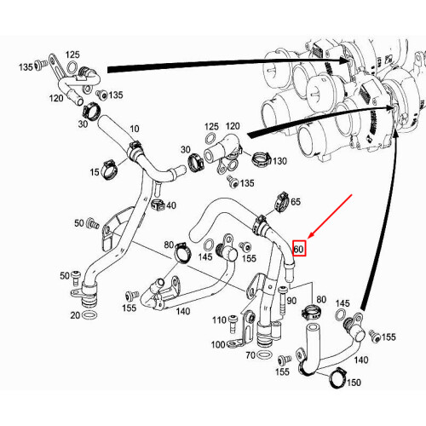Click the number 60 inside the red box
[x=299, y=249]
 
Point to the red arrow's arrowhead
[x=309, y=238]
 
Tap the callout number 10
[x=133, y=129]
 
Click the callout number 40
[x=171, y=205]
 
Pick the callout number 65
[x=296, y=202]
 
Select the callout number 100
[x=218, y=344]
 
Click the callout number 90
[x=291, y=301]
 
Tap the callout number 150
[x=354, y=383]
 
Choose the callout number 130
[x=278, y=161]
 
